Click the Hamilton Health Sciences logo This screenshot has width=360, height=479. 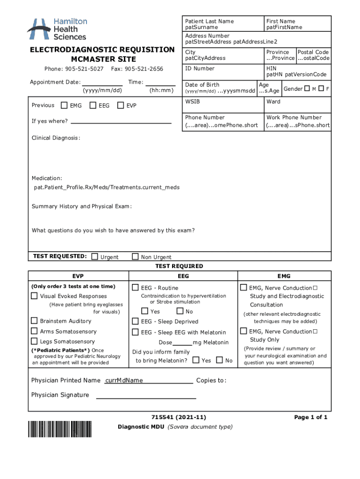click(57, 29)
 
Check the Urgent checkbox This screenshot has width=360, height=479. click(95, 256)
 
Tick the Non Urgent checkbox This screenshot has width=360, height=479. click(135, 256)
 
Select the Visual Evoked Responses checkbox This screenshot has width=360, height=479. click(34, 296)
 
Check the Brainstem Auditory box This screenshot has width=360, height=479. click(34, 320)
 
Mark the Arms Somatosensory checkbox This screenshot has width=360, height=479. click(34, 331)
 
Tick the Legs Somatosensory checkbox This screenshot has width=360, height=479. click(34, 341)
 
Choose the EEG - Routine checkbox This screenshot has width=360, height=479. click(135, 287)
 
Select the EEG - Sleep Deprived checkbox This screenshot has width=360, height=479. click(135, 321)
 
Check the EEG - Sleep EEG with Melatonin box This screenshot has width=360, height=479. click(135, 332)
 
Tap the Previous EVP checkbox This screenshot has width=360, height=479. click(121, 105)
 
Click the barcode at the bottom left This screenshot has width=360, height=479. click(60, 428)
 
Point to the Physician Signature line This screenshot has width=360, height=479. click(146, 398)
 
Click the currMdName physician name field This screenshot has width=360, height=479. click(124, 380)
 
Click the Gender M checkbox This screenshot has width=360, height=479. click(307, 88)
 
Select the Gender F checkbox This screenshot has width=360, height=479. click(321, 88)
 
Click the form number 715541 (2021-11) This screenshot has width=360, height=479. click(179, 417)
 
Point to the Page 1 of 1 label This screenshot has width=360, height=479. click(310, 417)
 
